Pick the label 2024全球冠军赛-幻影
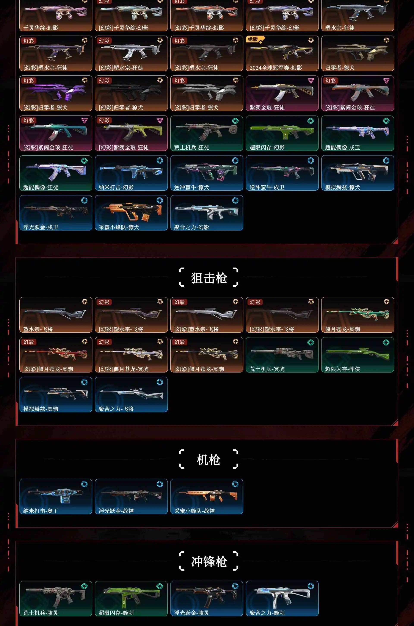pos(276,68)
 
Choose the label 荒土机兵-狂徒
pos(191,147)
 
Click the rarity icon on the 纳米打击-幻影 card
pos(160,160)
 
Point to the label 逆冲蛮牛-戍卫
pos(267,187)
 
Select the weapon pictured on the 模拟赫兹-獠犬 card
pos(358,172)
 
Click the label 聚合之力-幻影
pos(191,227)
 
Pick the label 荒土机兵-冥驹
pos(267,369)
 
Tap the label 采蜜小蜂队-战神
pos(194,511)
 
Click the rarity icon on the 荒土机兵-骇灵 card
pos(84,586)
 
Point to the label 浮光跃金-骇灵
pos(191,613)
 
